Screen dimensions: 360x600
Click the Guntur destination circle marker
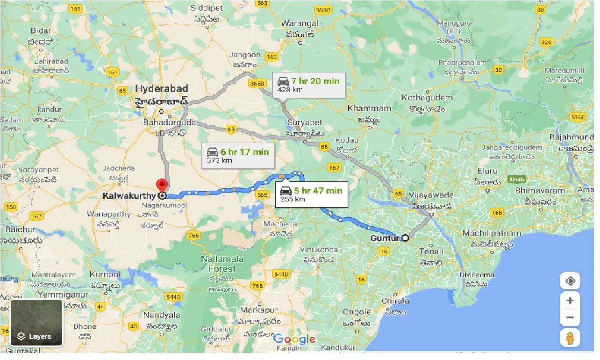pyautogui.click(x=405, y=238)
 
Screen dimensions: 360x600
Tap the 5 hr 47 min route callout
pyautogui.click(x=311, y=194)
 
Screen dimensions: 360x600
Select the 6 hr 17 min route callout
pyautogui.click(x=238, y=156)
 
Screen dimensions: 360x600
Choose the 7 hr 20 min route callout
pyautogui.click(x=308, y=85)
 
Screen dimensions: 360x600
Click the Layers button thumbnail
pyautogui.click(x=36, y=322)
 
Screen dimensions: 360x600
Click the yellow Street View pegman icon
pyautogui.click(x=570, y=338)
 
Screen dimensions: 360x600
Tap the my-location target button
pyautogui.click(x=570, y=281)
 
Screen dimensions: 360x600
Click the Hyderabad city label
pyautogui.click(x=162, y=89)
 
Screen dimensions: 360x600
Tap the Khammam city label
pyautogui.click(x=369, y=108)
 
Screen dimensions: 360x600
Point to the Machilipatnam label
pyautogui.click(x=491, y=233)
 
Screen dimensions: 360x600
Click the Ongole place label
pyautogui.click(x=357, y=312)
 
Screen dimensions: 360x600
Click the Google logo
pyautogui.click(x=294, y=339)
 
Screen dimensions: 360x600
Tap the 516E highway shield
pyautogui.click(x=578, y=117)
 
